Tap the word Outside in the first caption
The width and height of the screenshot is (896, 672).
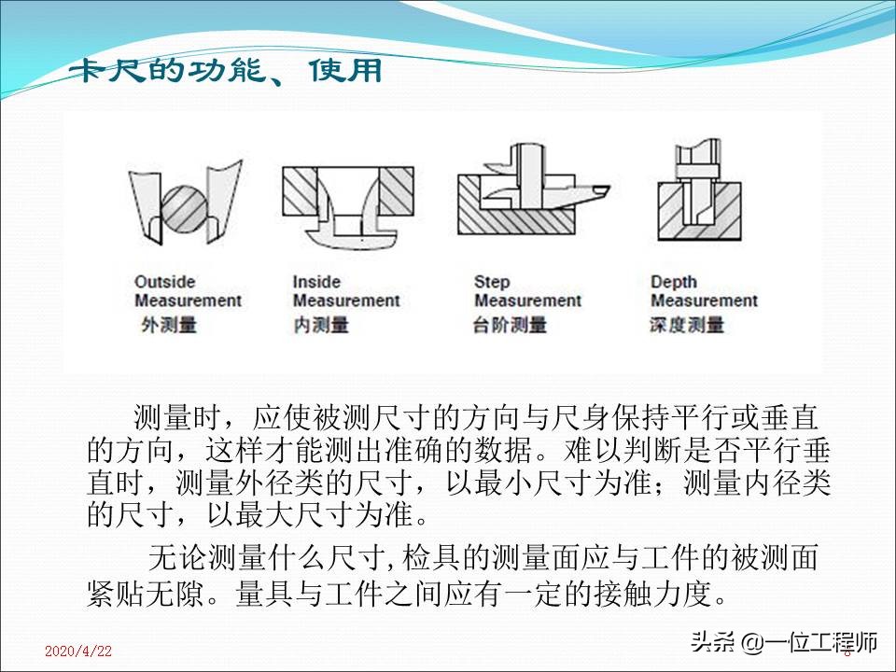(165, 282)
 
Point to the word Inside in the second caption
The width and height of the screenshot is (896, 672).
(316, 282)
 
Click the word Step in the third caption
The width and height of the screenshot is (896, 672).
(492, 282)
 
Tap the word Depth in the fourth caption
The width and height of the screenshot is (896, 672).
(674, 282)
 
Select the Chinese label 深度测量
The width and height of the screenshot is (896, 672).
(687, 325)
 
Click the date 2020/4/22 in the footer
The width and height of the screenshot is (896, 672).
(78, 651)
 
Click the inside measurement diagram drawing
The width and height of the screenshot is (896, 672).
(346, 207)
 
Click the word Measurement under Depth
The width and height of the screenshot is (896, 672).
(704, 301)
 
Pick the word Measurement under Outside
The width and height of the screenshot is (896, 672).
(188, 301)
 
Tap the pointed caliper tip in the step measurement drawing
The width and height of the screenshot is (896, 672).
(601, 191)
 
